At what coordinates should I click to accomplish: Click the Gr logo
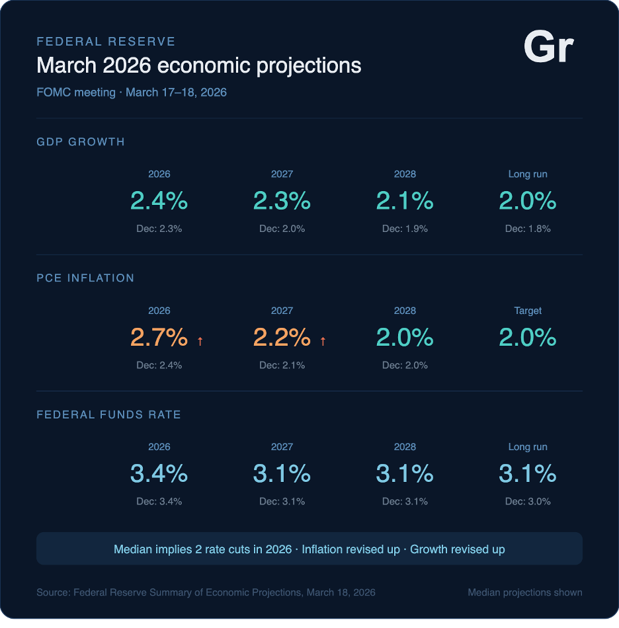coord(548,48)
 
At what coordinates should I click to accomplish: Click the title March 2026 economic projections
coord(199,66)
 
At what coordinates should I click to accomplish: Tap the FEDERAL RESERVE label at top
coord(106,42)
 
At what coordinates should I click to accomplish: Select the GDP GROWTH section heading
coord(81,141)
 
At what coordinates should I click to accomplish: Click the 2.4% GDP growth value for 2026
coord(159,201)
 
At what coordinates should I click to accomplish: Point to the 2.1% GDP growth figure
coord(405,201)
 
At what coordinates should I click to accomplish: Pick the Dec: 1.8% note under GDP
coord(528,229)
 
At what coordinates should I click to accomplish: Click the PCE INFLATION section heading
coord(85,278)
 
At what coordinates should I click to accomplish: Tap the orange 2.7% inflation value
coord(159,338)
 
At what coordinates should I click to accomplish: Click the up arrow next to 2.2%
coord(323,341)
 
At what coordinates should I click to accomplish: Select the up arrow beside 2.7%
coord(200,341)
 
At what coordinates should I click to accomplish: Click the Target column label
coord(528,311)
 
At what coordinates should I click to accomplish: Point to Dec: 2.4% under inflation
coord(159,365)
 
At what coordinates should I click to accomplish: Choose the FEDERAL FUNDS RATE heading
coord(108,414)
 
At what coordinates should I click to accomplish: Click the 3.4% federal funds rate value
coord(159,474)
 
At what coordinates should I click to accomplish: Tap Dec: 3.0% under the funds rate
coord(528,501)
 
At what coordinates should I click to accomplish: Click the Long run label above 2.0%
coord(528,175)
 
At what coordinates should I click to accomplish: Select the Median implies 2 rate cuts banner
coord(309,549)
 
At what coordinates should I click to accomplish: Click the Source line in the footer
coord(206,592)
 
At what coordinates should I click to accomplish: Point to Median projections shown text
coord(525,592)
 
